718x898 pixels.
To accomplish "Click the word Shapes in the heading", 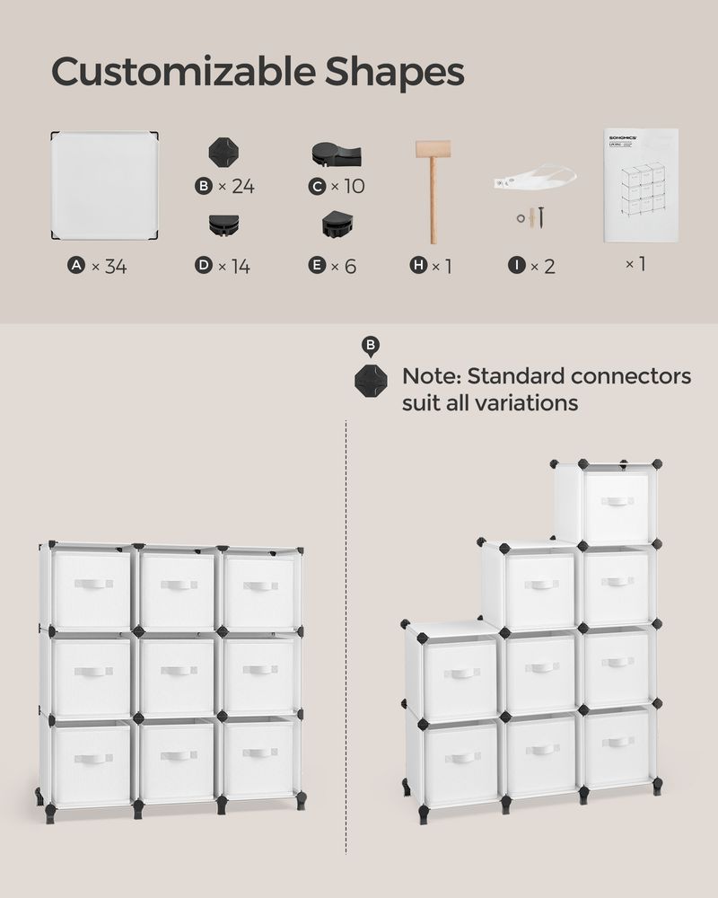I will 395,73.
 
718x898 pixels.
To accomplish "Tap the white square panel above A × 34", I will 104,186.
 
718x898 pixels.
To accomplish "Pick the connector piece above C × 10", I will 337,154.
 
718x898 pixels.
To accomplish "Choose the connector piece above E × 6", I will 337,224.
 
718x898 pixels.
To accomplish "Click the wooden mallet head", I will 433,150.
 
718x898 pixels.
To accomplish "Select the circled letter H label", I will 418,266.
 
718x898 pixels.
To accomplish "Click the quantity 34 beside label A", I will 115,266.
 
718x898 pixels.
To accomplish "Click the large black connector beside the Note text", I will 371,380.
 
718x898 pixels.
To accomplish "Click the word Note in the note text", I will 429,375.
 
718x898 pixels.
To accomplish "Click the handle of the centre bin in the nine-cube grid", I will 176,671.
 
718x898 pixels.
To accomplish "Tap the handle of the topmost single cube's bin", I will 617,501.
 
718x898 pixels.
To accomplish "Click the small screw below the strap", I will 542,216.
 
